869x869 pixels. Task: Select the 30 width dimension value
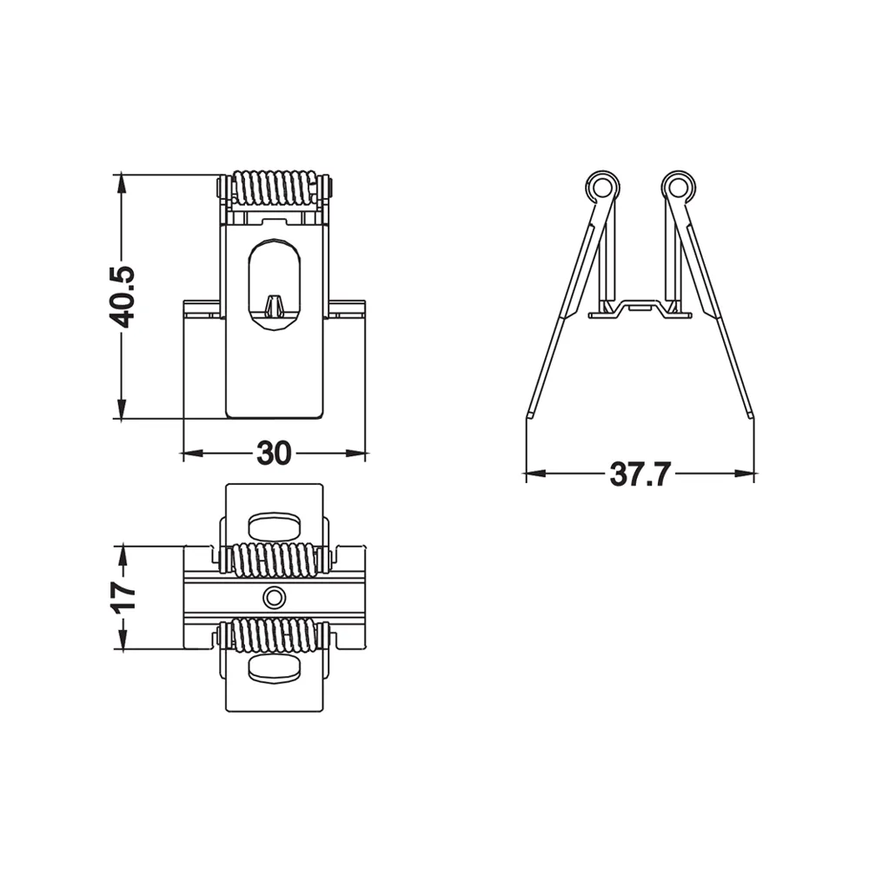tap(274, 454)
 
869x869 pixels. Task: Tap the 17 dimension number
tap(123, 596)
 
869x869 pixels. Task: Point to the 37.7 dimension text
tap(640, 474)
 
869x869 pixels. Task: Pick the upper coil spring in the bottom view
tap(275, 559)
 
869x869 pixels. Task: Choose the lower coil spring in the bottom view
tap(275, 636)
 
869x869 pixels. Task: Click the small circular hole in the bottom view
tap(274, 598)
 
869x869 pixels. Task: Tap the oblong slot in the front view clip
tap(275, 285)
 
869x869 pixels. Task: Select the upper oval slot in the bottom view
tap(275, 527)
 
